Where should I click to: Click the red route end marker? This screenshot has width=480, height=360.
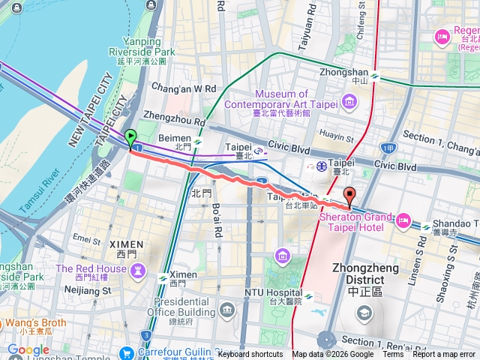(349, 196)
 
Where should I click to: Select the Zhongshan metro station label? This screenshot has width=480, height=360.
(355, 76)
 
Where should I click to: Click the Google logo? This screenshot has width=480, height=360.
(28, 349)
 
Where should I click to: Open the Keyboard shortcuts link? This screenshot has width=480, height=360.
(250, 355)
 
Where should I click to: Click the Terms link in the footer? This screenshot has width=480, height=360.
(392, 355)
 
